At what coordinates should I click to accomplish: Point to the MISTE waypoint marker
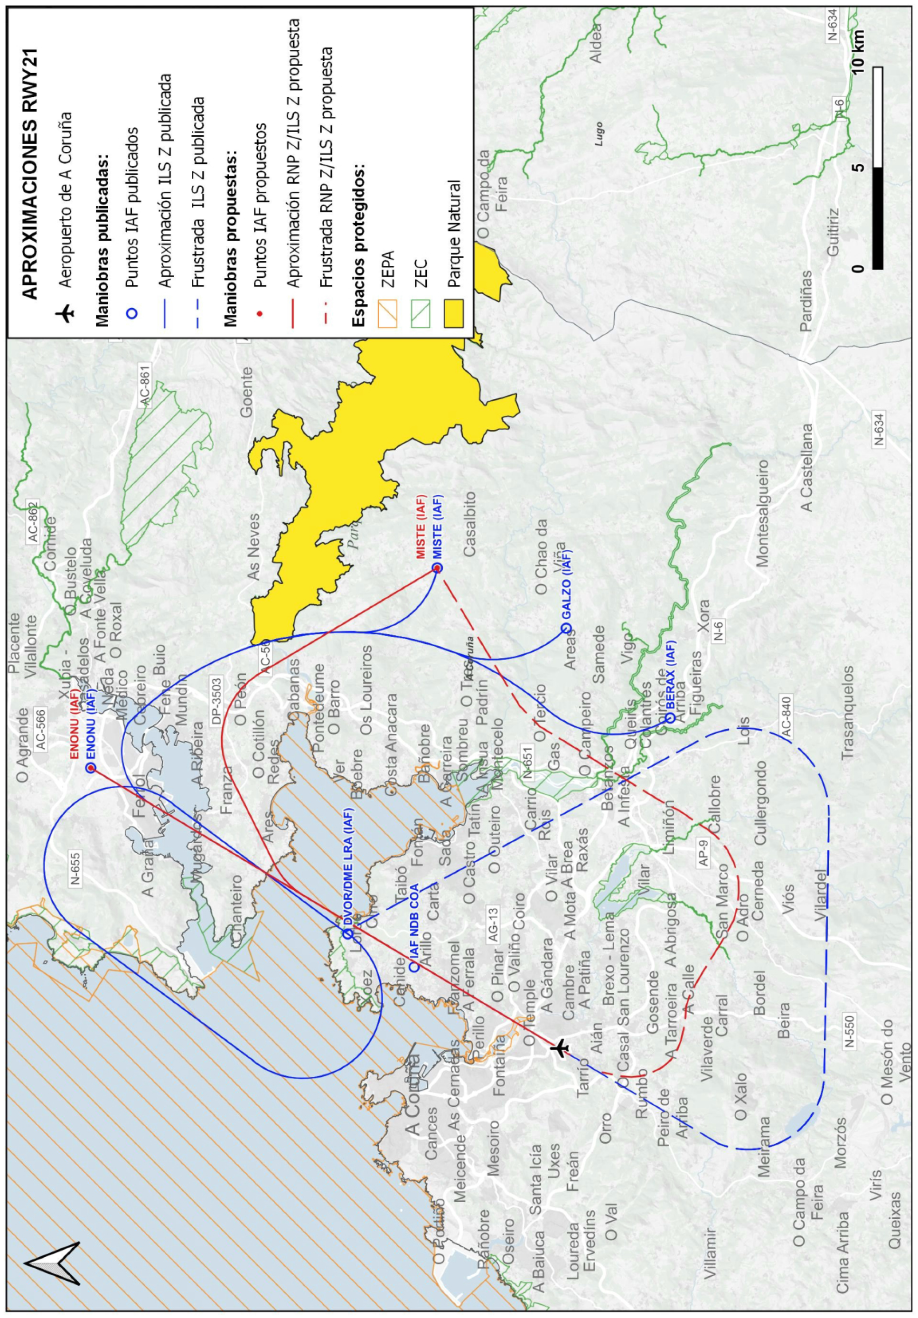click(437, 568)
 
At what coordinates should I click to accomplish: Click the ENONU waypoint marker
click(90, 768)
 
